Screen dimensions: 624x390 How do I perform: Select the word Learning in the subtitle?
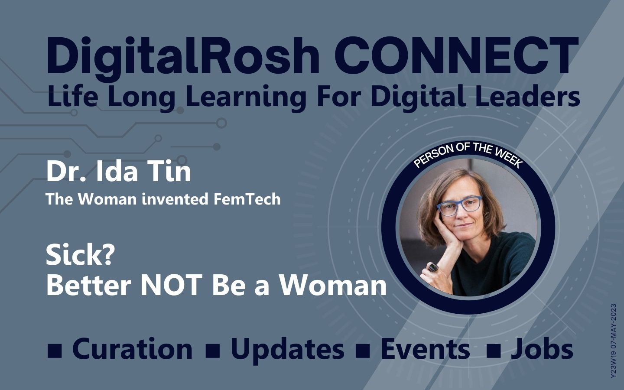click(x=245, y=97)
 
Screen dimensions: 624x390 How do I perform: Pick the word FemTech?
click(x=247, y=199)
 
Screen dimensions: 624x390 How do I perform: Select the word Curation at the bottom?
click(x=132, y=348)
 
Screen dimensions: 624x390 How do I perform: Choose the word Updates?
click(x=287, y=350)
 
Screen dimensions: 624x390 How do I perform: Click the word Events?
click(x=425, y=348)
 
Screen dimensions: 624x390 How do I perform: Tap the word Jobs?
click(x=542, y=348)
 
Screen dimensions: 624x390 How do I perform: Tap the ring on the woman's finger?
click(x=432, y=267)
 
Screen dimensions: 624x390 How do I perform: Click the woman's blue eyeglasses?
click(x=459, y=205)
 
